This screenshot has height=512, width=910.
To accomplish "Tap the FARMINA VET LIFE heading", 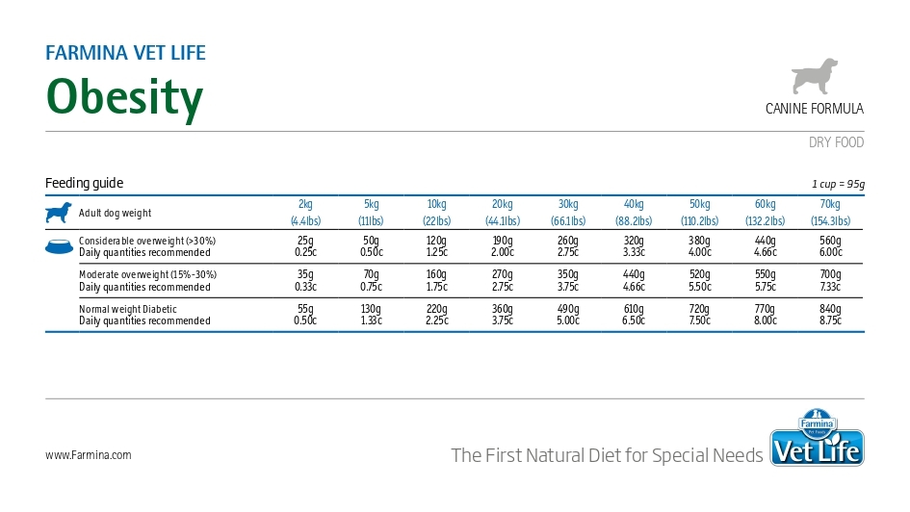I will point(125,53).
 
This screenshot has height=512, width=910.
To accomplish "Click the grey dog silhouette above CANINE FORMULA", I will point(815,77).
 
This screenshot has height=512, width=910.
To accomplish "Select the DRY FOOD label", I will point(836,142).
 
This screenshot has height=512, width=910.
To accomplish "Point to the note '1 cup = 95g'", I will point(838,185).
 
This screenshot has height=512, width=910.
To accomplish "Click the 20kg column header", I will point(503,204).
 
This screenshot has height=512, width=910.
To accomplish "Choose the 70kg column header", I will point(830,204).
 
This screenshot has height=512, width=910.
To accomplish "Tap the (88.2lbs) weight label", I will point(634,221).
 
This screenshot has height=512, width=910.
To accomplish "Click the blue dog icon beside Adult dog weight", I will point(58,213).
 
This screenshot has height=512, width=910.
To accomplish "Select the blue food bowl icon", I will point(59,246).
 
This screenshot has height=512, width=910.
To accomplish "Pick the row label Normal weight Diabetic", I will point(128,309).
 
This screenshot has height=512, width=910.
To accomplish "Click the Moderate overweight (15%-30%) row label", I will point(147,274).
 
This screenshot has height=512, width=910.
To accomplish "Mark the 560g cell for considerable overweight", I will point(830,241).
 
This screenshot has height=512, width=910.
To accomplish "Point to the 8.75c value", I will point(830,321).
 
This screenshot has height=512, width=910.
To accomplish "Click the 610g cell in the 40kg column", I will point(634,309).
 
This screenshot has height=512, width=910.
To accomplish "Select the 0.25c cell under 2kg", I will point(305,252).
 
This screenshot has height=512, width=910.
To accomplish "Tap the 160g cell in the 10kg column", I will point(436,274).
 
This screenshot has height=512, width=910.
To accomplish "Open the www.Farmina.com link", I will point(89,455).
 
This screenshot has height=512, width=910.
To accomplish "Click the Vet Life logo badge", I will point(817,440).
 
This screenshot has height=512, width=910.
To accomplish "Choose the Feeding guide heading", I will point(84,184).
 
